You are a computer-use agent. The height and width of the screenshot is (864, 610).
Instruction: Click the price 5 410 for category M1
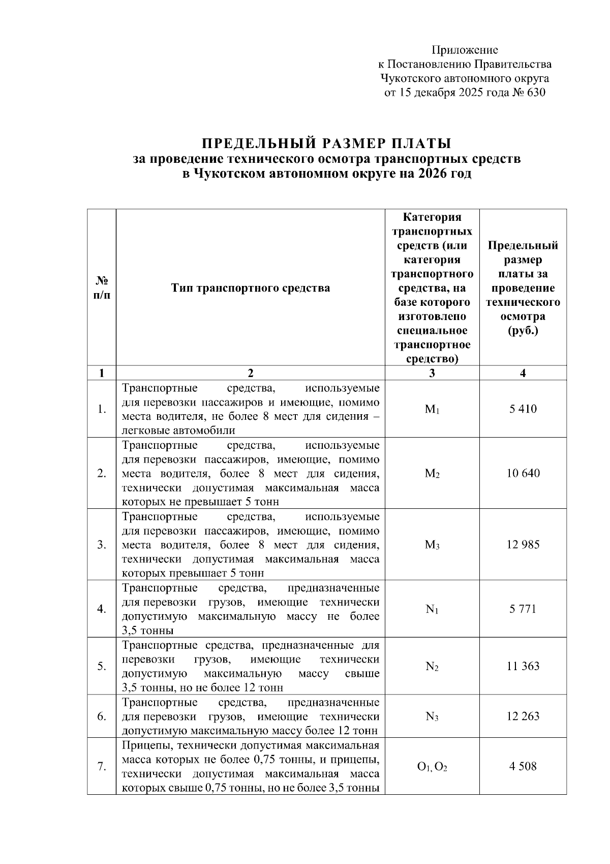pyautogui.click(x=523, y=409)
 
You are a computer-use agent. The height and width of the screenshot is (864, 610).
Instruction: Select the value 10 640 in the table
pyautogui.click(x=523, y=473)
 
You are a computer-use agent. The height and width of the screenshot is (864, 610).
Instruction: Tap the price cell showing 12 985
pyautogui.click(x=523, y=544)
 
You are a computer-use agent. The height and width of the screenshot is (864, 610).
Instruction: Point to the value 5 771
pyautogui.click(x=523, y=609)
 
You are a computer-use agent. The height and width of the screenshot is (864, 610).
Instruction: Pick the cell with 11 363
pyautogui.click(x=523, y=666)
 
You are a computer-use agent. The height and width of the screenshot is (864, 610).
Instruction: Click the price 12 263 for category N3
pyautogui.click(x=523, y=716)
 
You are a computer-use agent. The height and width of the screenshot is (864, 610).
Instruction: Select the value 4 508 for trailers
pyautogui.click(x=523, y=766)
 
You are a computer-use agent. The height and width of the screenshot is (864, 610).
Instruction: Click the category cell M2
pyautogui.click(x=432, y=474)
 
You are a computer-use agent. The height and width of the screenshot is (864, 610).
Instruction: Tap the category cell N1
pyautogui.click(x=432, y=609)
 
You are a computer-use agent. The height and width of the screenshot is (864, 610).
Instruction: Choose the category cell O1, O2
pyautogui.click(x=432, y=767)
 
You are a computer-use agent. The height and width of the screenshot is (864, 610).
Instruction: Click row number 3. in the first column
pyautogui.click(x=102, y=545)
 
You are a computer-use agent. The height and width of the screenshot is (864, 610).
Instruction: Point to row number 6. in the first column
pyautogui.click(x=102, y=716)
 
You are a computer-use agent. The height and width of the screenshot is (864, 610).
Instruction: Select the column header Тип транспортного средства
pyautogui.click(x=250, y=288)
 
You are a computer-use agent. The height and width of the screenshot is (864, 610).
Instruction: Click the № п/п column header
pyautogui.click(x=102, y=287)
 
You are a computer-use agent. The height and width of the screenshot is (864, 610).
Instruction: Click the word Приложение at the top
pyautogui.click(x=465, y=50)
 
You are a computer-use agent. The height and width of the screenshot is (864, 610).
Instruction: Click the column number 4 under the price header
pyautogui.click(x=523, y=373)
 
